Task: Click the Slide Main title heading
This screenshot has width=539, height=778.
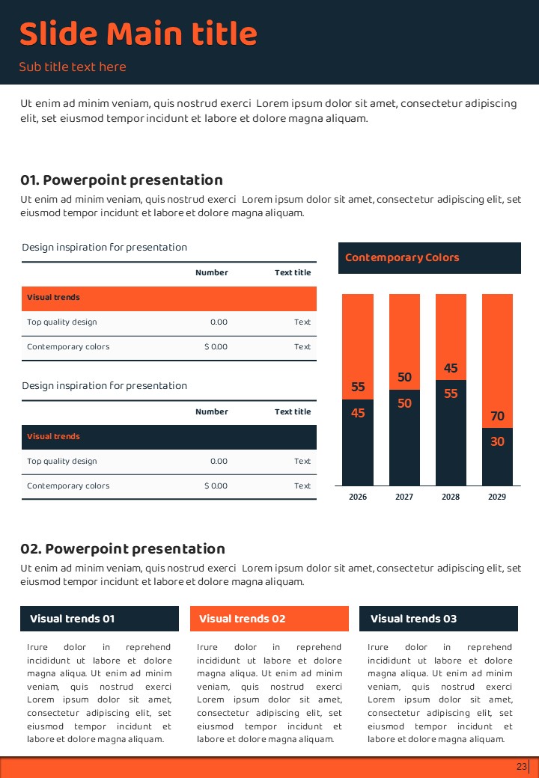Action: (138, 34)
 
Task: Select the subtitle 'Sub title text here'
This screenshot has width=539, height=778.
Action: (73, 67)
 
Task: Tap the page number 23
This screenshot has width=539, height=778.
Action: (522, 767)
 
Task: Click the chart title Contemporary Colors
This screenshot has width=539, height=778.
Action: (402, 257)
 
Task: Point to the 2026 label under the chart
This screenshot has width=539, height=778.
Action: (358, 497)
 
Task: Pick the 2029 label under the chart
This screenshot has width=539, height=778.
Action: (497, 497)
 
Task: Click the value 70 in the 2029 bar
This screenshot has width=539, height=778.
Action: (497, 416)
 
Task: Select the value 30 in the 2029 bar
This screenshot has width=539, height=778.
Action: (497, 441)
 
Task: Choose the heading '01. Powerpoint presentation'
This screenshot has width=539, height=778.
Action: (121, 180)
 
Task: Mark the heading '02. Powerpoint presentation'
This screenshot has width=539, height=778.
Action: (122, 549)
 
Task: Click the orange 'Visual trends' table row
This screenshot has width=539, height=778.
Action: (169, 298)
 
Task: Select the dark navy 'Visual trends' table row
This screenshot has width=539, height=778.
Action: (169, 437)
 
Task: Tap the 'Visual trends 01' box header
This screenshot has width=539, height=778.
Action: (100, 619)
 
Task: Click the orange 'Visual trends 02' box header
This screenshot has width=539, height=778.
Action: (269, 619)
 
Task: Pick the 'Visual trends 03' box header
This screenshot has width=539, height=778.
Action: (439, 619)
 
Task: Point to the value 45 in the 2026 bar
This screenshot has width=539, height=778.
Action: (358, 412)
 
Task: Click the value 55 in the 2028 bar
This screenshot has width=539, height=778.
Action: (451, 393)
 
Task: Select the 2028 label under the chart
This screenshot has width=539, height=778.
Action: (451, 497)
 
